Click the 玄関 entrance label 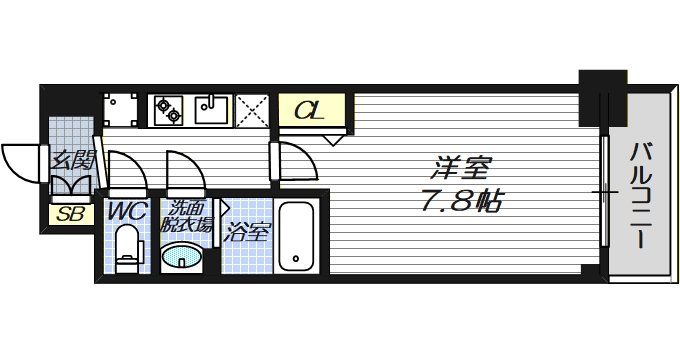(72, 158)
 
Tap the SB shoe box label (70, 213)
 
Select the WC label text (125, 212)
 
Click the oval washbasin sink (184, 259)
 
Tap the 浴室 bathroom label (247, 234)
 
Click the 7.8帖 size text (460, 201)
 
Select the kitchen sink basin (213, 107)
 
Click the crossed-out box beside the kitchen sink (254, 109)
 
